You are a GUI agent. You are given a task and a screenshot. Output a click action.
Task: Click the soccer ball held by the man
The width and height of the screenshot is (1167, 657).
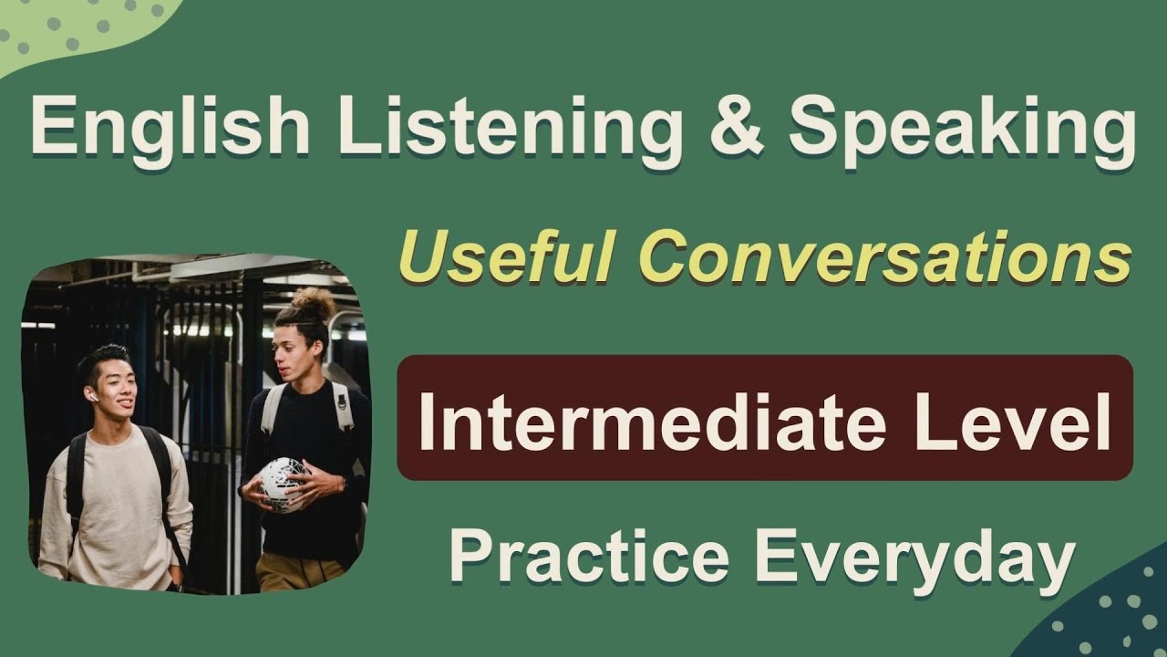click(282, 484)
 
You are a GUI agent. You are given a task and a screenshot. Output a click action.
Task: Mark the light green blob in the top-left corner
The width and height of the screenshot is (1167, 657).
click(73, 32)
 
